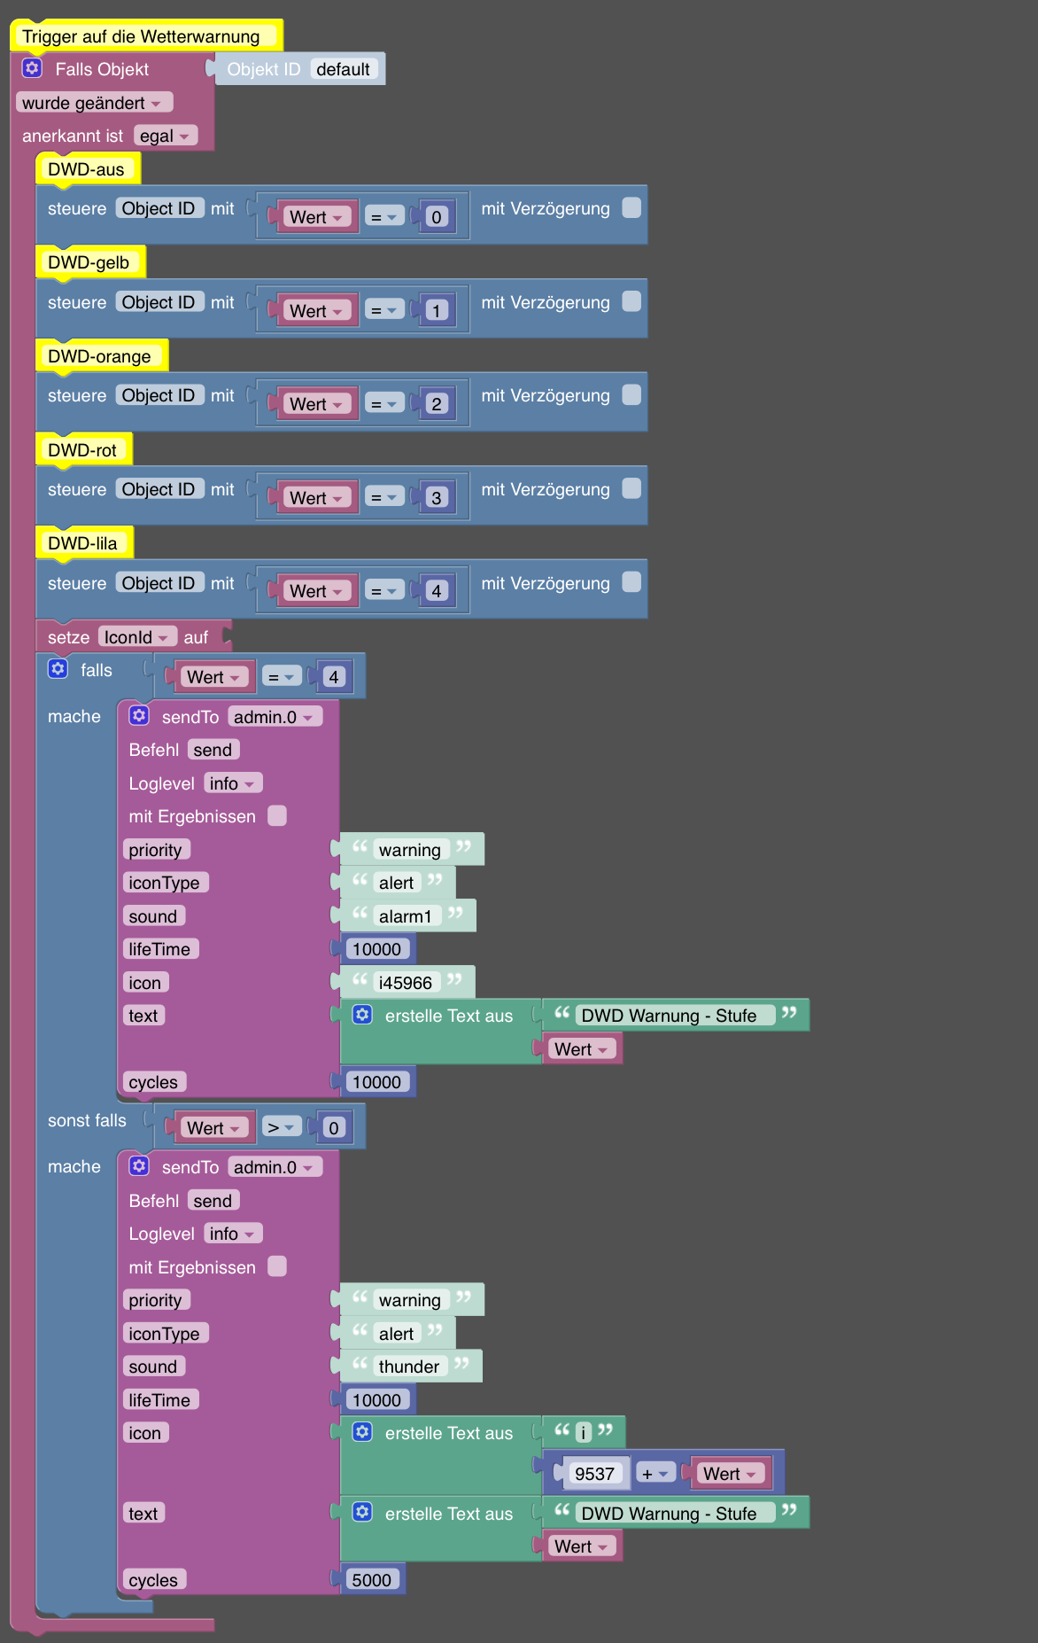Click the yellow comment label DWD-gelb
[89, 262]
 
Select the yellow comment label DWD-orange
[100, 356]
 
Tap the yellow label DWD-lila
[83, 543]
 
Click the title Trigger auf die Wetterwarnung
[142, 36]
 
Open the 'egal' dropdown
[166, 136]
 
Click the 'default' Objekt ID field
[344, 69]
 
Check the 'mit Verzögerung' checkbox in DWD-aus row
[631, 207]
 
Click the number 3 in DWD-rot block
[437, 498]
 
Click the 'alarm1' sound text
[406, 916]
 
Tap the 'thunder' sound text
[409, 1367]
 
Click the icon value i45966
[406, 983]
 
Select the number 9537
[595, 1474]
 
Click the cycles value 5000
[372, 1580]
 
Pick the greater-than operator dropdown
[281, 1127]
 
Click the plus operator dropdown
[656, 1474]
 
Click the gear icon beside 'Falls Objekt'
[32, 68]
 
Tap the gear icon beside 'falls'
[58, 669]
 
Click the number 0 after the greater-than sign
[334, 1127]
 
